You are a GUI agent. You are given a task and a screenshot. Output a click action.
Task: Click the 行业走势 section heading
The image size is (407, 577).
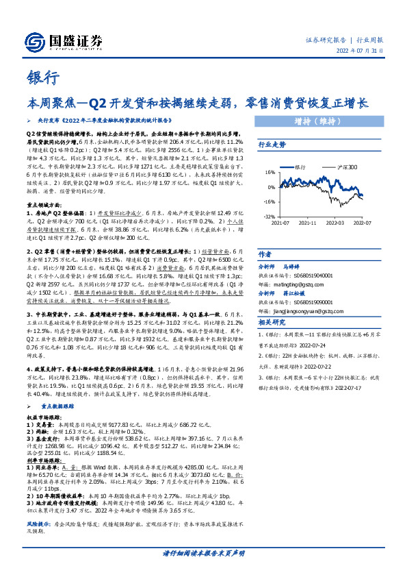click(x=271, y=145)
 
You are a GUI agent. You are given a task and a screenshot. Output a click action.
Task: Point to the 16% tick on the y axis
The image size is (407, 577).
click(x=270, y=172)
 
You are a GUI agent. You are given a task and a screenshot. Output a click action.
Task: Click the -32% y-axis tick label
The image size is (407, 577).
click(x=270, y=216)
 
